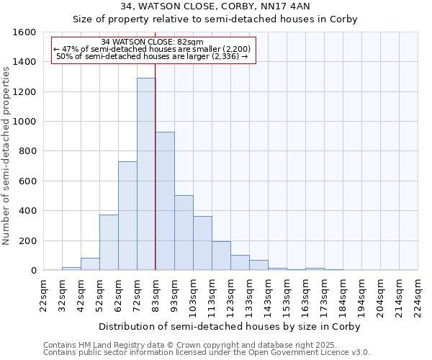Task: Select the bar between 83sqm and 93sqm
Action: (165, 202)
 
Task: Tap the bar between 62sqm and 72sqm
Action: (127, 216)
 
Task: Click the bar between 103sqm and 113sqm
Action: (202, 243)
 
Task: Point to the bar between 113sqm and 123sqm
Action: (221, 256)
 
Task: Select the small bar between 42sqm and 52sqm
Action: (90, 264)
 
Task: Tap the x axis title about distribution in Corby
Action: (230, 326)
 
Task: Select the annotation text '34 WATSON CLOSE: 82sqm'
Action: (152, 42)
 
